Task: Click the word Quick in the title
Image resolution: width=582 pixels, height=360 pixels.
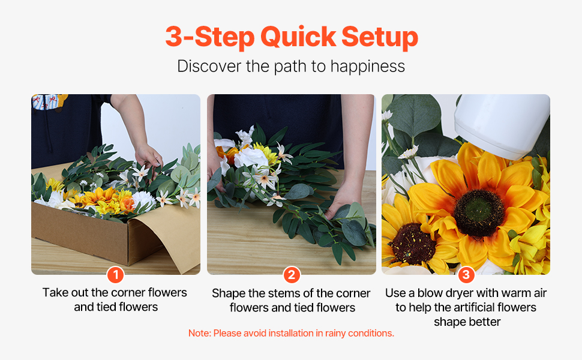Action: click(x=298, y=37)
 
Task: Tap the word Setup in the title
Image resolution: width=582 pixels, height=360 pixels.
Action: click(x=380, y=37)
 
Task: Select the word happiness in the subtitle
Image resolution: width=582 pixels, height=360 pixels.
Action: click(x=367, y=67)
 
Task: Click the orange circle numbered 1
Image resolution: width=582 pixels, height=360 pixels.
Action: click(x=115, y=275)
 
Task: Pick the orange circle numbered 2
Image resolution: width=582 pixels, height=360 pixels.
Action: click(x=292, y=275)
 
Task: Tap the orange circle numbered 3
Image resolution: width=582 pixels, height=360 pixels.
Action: click(x=466, y=275)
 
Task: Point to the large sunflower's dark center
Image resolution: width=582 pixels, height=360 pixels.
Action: click(x=478, y=212)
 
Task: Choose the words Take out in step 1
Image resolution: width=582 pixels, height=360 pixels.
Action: click(x=65, y=292)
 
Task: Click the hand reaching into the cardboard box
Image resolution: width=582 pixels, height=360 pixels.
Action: click(x=148, y=156)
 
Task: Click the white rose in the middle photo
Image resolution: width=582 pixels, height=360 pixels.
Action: click(x=251, y=157)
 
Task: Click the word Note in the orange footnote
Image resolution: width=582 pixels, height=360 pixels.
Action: click(x=199, y=333)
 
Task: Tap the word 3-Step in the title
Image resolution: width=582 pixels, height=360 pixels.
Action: click(x=210, y=37)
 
